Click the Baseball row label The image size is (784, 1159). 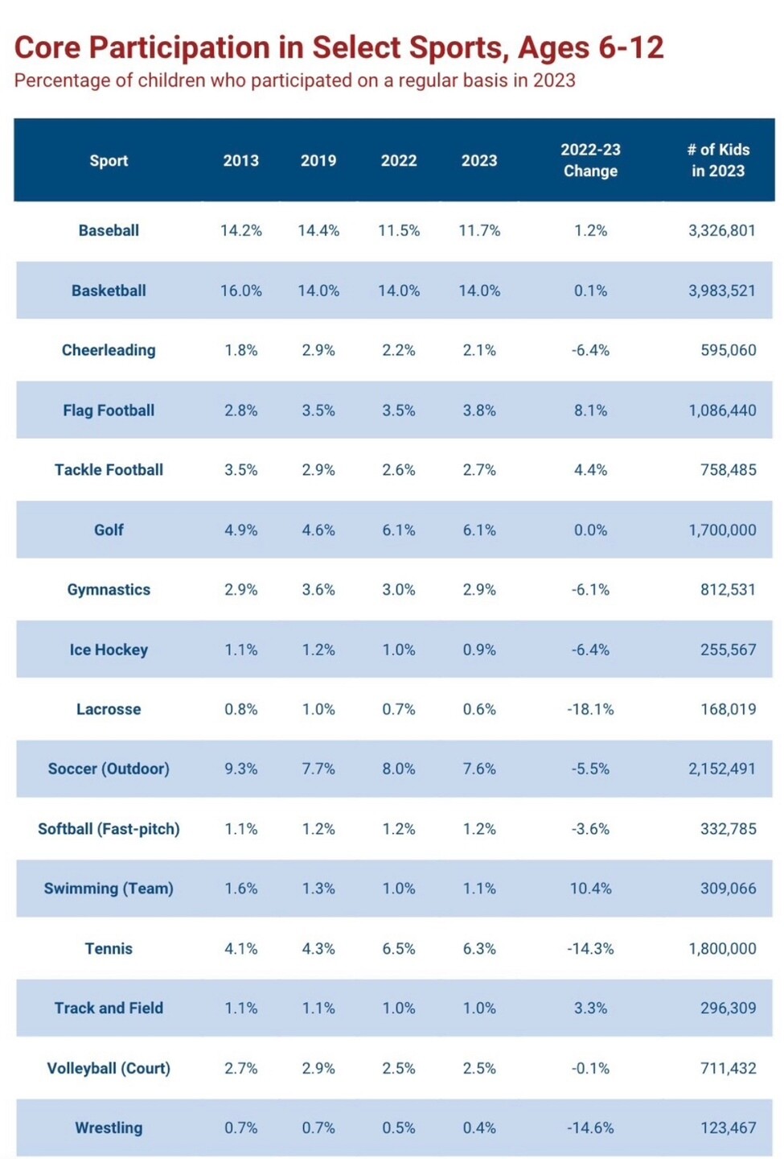point(109,230)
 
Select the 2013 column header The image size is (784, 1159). point(241,160)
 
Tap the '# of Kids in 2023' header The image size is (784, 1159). point(718,160)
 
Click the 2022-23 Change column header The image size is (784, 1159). point(590,160)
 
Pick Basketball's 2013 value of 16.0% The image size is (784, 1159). point(241,291)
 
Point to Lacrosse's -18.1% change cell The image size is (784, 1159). point(590,709)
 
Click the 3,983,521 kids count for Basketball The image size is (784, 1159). point(721,291)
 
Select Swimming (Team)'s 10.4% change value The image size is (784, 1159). point(590,889)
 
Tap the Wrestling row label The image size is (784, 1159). point(109,1128)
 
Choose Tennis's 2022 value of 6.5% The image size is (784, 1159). point(399,948)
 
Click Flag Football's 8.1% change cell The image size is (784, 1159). point(590,410)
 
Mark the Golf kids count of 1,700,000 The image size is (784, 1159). point(722,530)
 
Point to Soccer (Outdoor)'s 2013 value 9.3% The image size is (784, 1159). point(241,769)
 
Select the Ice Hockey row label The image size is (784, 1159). point(109,650)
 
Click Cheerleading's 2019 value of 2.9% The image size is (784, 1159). point(318,350)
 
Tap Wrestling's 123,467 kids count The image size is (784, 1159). point(728,1128)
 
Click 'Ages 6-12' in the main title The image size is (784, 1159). point(590,48)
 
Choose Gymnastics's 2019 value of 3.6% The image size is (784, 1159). point(318,589)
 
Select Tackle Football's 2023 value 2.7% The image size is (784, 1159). point(479,470)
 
